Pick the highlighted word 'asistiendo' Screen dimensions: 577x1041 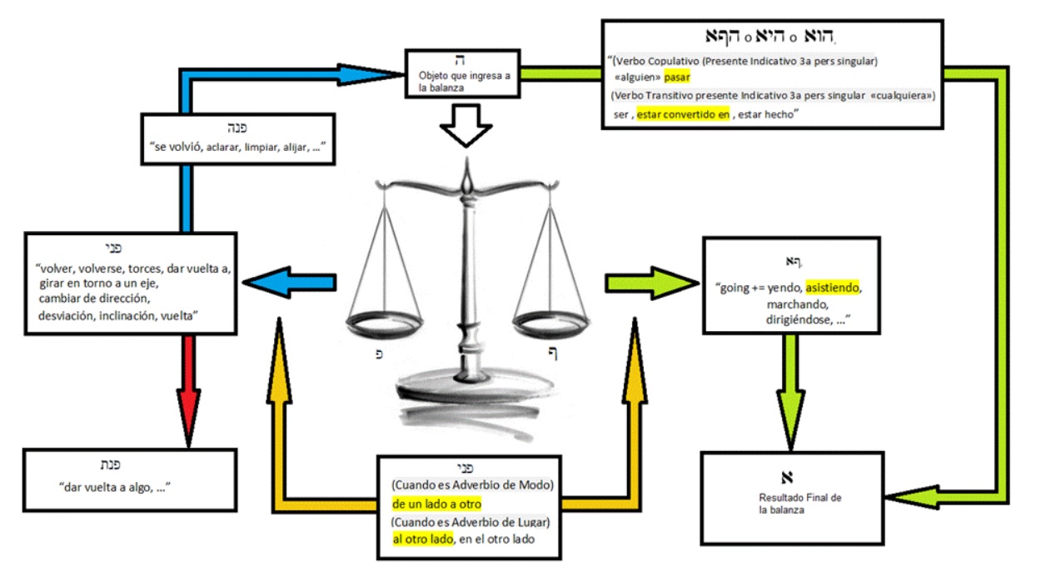click(x=832, y=288)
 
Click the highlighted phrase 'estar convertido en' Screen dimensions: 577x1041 click(x=683, y=115)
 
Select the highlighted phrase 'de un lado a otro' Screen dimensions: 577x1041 click(x=436, y=504)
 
